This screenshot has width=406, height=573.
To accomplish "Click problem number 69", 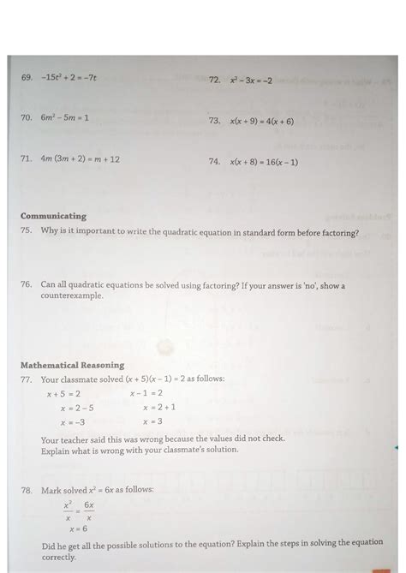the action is coord(26,76).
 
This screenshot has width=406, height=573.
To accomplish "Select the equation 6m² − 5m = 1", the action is coord(65,117).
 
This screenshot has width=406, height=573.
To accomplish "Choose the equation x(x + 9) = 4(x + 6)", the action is coord(261,121).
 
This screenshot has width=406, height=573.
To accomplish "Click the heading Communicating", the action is coord(53,216).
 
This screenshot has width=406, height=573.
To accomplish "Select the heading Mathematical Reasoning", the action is coord(73,365).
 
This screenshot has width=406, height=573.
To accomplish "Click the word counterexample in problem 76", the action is coord(72,295).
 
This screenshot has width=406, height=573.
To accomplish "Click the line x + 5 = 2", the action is coord(63,394).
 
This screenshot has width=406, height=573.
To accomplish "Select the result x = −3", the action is coord(72,422).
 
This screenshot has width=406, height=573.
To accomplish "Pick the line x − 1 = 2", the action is coord(146,393).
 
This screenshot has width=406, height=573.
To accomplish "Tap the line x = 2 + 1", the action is coord(158,408).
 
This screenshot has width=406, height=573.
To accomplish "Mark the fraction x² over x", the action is coord(67,511).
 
